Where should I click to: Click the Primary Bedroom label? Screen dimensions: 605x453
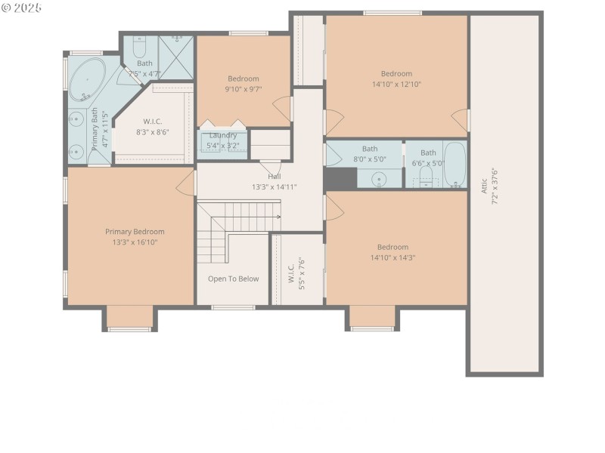pos(135,232)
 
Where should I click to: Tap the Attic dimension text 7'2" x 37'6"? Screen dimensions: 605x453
pos(495,186)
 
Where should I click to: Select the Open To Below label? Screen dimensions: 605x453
pos(234,279)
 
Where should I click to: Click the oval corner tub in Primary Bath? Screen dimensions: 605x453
pos(87,79)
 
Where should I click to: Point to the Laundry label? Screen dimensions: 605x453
pos(223,135)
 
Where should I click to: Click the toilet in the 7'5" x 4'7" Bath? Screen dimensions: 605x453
pos(139,46)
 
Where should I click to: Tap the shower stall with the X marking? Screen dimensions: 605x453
pos(176,58)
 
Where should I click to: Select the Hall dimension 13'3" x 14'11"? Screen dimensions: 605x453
pos(275,187)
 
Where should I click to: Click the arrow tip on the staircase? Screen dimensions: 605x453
pos(280,217)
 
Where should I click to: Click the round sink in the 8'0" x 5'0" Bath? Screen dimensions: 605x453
pos(380,180)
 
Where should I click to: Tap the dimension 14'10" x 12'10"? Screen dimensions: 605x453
pos(396,84)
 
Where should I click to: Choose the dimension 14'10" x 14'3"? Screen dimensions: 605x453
pos(392,257)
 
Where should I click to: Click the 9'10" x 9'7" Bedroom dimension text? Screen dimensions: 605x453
pos(244,89)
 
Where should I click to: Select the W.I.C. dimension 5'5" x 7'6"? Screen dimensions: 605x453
pos(302,274)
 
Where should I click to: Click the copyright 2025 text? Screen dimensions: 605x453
pos(21,8)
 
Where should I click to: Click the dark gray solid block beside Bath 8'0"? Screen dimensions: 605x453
pos(340,179)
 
